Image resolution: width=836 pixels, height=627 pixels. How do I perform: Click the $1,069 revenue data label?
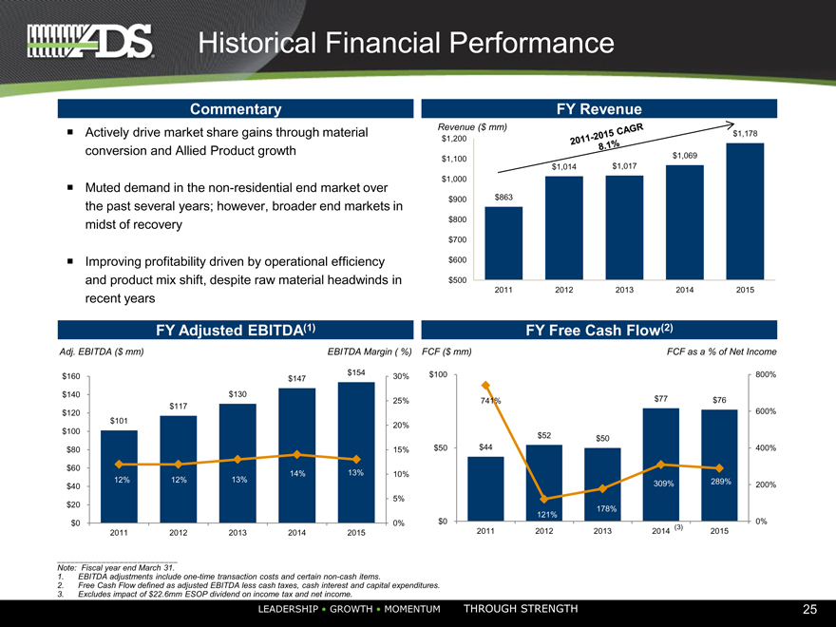tap(684, 156)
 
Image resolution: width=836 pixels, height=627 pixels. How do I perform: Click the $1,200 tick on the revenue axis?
tap(452, 140)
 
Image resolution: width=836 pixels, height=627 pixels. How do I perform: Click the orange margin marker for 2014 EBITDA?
tap(297, 454)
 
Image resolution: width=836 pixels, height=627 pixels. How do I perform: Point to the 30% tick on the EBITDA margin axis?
tap(400, 376)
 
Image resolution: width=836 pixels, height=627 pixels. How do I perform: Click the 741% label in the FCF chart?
tap(490, 400)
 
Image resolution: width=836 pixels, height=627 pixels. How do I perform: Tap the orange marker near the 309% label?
tap(661, 465)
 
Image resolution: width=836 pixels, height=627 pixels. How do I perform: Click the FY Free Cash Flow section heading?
tap(599, 330)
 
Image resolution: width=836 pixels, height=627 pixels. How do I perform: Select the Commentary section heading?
tap(236, 109)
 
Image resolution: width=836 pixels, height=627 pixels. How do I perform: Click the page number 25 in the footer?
tap(809, 609)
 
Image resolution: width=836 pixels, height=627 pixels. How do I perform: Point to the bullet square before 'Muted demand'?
tap(70, 187)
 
